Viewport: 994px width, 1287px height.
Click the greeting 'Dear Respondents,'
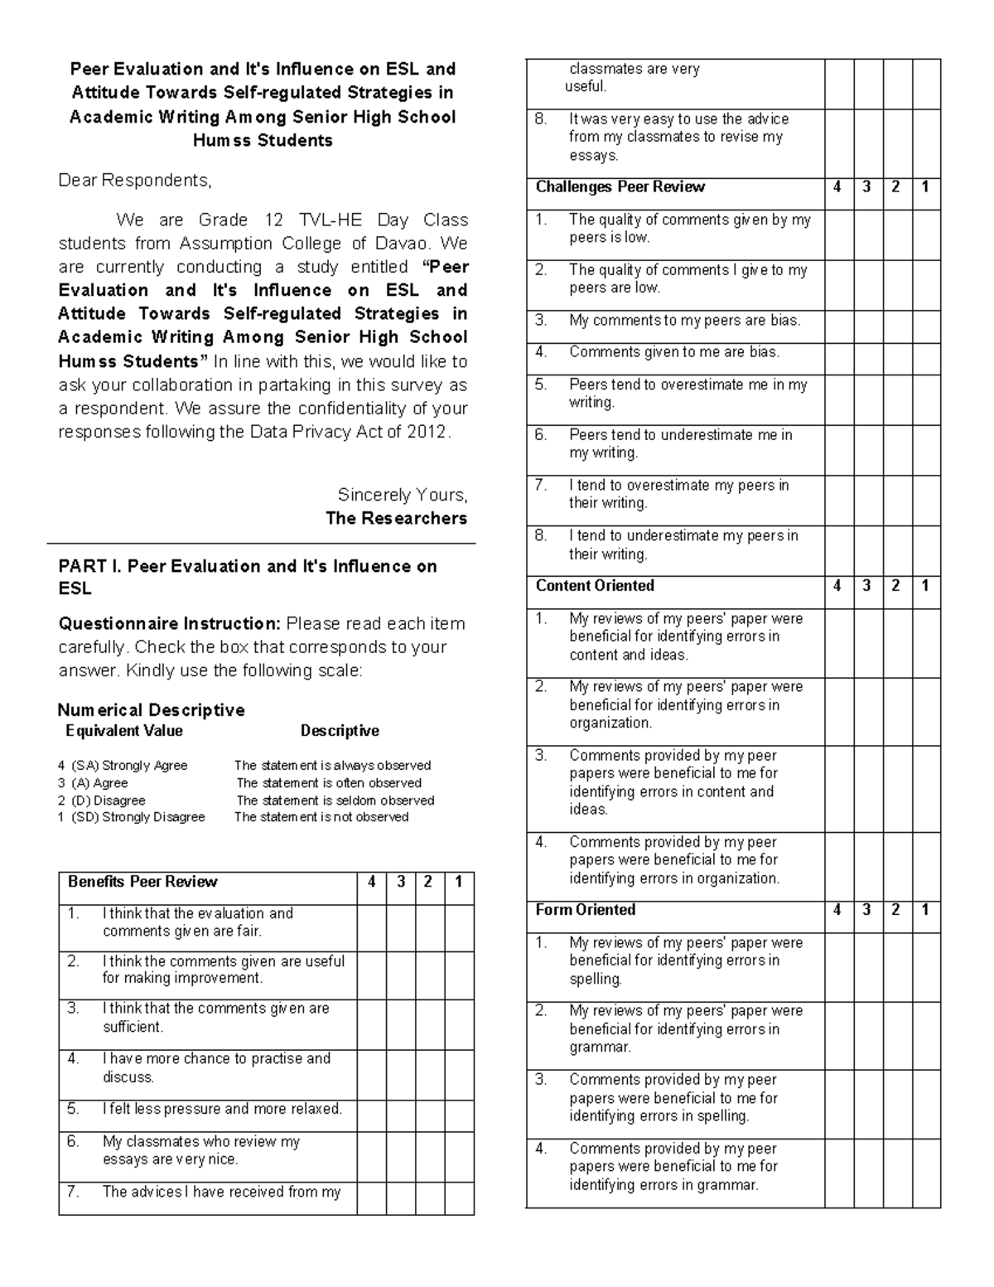point(135,181)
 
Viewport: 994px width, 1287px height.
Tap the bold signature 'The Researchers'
point(396,519)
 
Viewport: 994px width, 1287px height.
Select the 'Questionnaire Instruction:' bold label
point(170,624)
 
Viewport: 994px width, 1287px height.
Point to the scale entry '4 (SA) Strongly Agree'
point(123,766)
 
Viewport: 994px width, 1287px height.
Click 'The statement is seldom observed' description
point(335,801)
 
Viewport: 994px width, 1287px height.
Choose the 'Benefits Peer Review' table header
point(142,883)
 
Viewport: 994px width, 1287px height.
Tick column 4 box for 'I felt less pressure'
point(372,1116)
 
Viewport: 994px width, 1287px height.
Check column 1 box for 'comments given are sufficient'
point(459,1024)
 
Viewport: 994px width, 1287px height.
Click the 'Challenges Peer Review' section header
point(620,187)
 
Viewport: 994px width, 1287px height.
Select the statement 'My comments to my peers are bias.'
point(684,321)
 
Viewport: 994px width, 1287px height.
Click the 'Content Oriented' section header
point(595,586)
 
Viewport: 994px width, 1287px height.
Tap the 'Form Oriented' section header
point(586,910)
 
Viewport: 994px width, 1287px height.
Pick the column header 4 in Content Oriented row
point(838,586)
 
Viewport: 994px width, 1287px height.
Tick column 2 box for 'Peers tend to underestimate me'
point(897,450)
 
